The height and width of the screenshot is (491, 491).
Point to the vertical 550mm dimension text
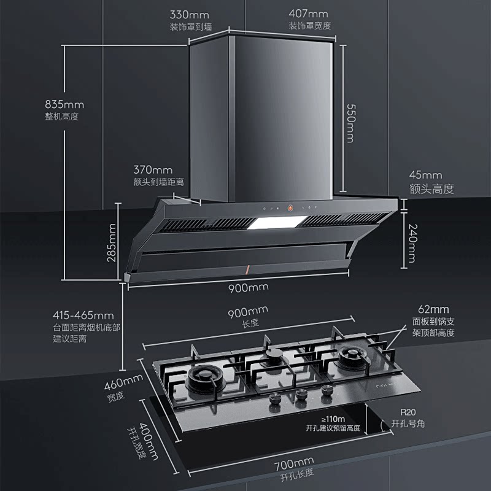tap(350, 123)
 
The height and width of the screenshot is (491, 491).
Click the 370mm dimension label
tap(153, 169)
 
